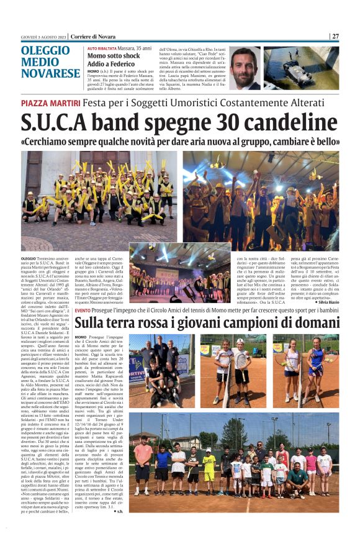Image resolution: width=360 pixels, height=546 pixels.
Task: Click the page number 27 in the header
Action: [335, 36]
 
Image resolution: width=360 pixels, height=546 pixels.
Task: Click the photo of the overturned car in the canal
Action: [301, 68]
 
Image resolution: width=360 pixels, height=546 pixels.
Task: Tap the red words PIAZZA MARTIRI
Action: [45, 102]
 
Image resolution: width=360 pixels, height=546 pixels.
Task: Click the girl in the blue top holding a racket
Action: [318, 366]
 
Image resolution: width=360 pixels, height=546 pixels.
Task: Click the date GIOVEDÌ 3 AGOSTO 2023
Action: [40, 36]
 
